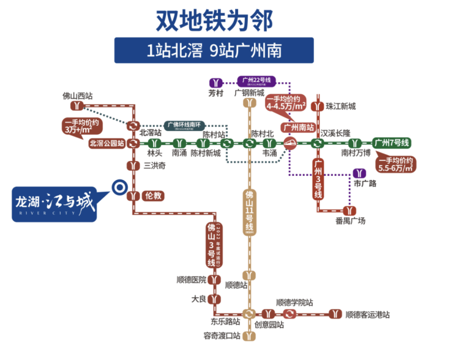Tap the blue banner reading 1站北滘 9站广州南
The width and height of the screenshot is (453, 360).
pyautogui.click(x=214, y=50)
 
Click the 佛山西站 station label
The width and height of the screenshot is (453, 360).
pyautogui.click(x=78, y=96)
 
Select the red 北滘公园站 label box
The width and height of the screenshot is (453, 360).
pyautogui.click(x=107, y=143)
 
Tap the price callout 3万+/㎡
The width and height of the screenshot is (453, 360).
pyautogui.click(x=83, y=126)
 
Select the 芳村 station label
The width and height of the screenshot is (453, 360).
pyautogui.click(x=216, y=93)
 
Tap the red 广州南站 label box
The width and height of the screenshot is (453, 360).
pyautogui.click(x=298, y=128)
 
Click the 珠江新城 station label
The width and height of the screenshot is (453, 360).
pyautogui.click(x=340, y=106)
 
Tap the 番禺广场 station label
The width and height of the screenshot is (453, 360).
pyautogui.click(x=350, y=220)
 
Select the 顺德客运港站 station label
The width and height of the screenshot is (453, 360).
pyautogui.click(x=367, y=314)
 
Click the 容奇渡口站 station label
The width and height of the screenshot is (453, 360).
pyautogui.click(x=222, y=336)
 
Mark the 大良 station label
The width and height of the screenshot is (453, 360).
pyautogui.click(x=200, y=300)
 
